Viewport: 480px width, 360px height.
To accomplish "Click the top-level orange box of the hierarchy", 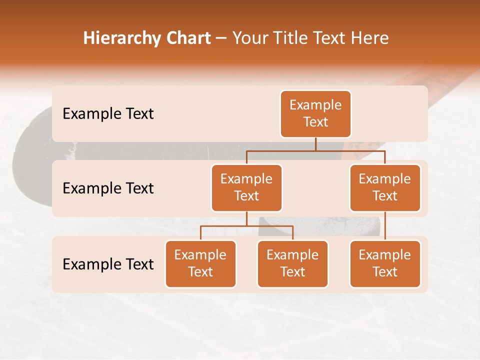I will point(315,113).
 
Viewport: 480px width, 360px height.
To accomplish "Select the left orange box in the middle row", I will point(246,187).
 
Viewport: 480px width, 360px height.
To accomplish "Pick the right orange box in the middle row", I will point(385,187).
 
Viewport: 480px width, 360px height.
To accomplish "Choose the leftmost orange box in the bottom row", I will point(200,263).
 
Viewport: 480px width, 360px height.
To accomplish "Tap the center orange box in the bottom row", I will point(292,263).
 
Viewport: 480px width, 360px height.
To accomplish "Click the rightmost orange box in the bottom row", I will point(385,263).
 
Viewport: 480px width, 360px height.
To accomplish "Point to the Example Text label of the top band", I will point(108,113).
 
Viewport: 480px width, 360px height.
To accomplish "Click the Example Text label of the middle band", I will point(108,188).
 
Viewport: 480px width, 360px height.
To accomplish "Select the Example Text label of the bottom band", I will point(108,264).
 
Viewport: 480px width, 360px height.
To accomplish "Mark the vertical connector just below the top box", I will point(315,144).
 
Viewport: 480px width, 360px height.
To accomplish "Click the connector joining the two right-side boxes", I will point(385,226).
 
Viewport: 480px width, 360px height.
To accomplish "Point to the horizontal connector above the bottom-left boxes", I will point(246,226).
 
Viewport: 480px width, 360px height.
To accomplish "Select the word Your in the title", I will point(249,38).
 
